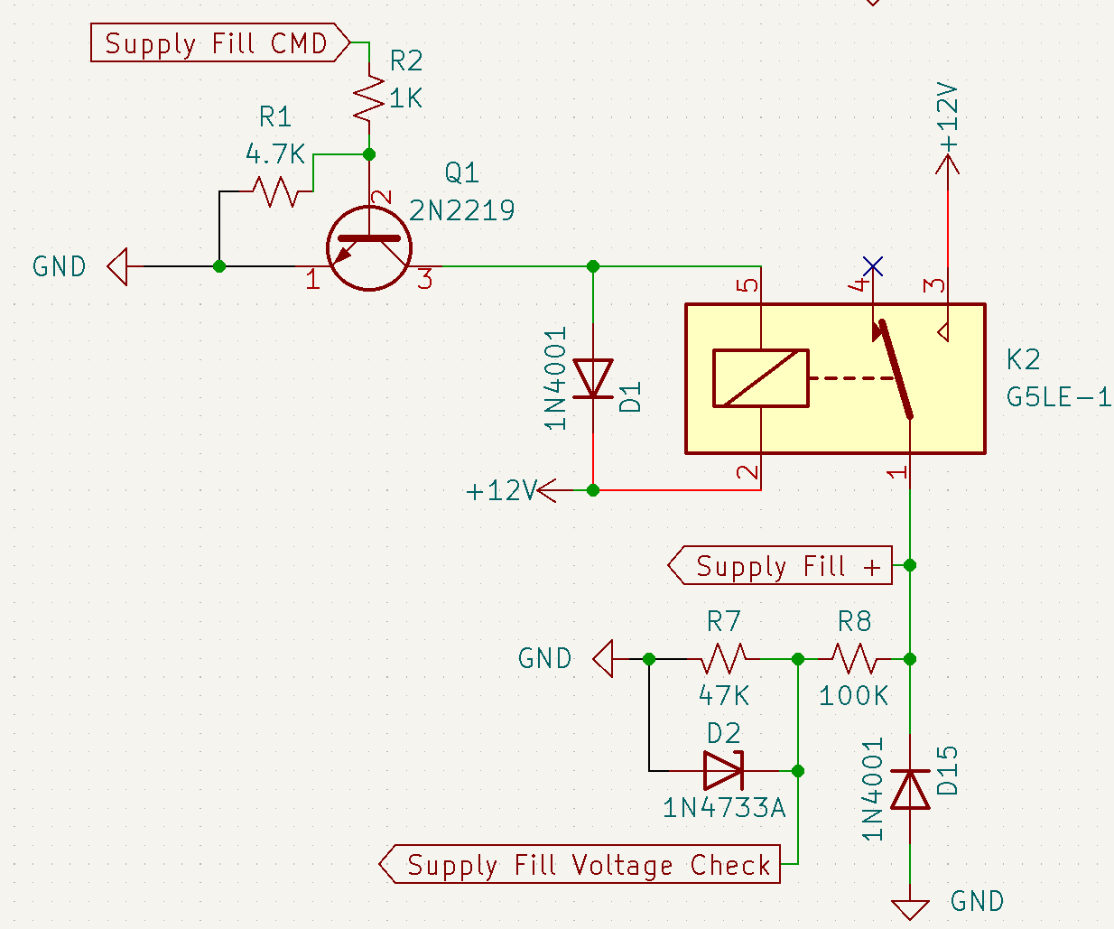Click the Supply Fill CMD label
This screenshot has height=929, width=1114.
click(x=217, y=43)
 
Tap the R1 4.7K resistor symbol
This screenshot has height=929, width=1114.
click(x=275, y=191)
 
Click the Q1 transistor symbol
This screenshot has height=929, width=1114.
click(x=369, y=248)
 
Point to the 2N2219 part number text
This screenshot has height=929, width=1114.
click(x=462, y=210)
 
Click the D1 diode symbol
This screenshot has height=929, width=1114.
click(x=593, y=378)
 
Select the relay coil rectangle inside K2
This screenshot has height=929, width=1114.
click(x=760, y=378)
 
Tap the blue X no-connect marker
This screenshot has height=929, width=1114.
click(x=872, y=266)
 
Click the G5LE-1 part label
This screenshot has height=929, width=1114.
click(x=1058, y=397)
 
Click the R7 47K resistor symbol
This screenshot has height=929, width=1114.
click(x=724, y=659)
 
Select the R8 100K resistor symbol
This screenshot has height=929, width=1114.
click(x=854, y=659)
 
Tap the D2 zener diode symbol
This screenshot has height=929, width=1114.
click(x=724, y=771)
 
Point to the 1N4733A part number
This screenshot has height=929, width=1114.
click(x=724, y=807)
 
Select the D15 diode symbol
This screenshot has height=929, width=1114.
click(x=910, y=790)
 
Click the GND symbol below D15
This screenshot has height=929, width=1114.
click(x=910, y=908)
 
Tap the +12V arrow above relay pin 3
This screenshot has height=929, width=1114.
click(x=948, y=164)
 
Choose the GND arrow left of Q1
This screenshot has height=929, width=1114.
click(x=118, y=267)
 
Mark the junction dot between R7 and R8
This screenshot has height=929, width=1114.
click(x=798, y=660)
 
